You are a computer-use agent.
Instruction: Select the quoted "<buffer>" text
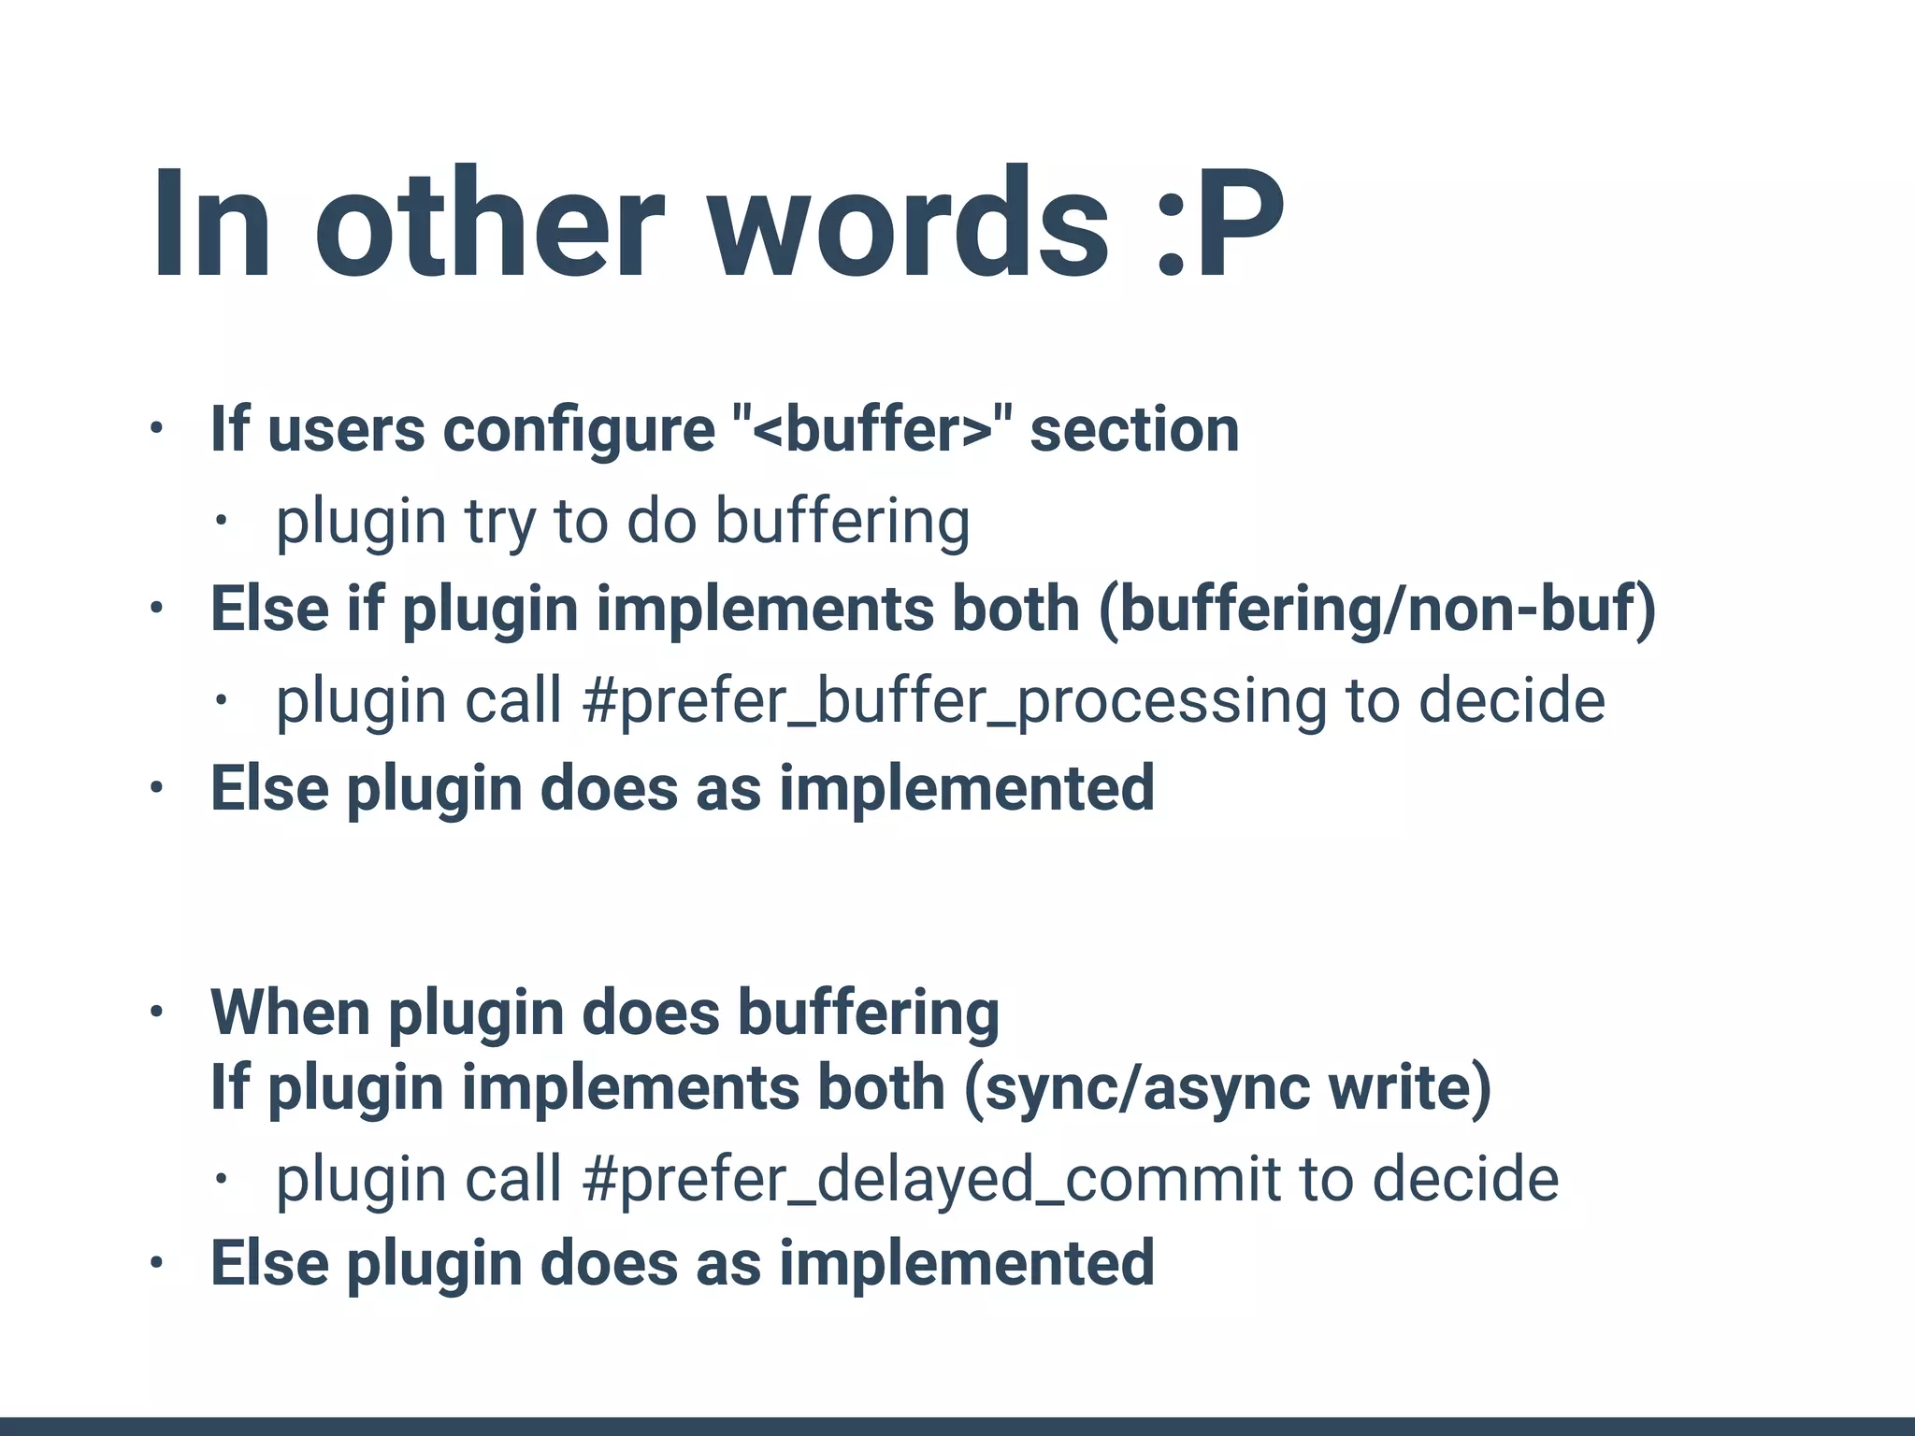coord(871,430)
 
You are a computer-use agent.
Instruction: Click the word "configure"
coord(579,430)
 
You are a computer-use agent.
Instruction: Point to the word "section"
coord(1134,430)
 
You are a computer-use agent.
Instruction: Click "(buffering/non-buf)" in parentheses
coord(1376,610)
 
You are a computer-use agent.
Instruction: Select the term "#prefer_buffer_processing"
coord(954,701)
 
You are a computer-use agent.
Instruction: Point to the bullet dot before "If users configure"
coord(156,429)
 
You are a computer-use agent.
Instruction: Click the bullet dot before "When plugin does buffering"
coord(156,1012)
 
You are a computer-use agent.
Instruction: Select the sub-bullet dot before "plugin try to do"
coord(221,521)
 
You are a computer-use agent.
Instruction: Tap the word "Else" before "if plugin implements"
coord(269,610)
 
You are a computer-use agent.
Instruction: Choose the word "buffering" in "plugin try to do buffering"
coord(842,522)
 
